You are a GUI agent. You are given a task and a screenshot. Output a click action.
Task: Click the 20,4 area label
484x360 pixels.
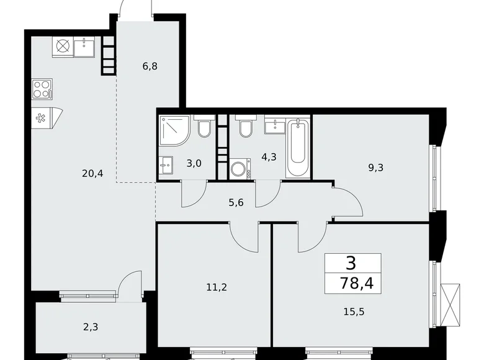click(92, 174)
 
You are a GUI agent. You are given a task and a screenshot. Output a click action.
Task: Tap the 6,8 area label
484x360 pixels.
click(150, 66)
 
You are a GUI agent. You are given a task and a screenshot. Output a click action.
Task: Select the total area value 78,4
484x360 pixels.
click(357, 282)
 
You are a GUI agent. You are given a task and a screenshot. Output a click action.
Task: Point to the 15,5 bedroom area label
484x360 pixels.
click(354, 312)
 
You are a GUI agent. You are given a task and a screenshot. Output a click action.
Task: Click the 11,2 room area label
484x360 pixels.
click(217, 287)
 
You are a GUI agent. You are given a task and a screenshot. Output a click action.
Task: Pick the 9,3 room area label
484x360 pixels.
click(375, 168)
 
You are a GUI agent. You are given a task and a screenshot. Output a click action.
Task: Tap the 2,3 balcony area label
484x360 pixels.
click(91, 326)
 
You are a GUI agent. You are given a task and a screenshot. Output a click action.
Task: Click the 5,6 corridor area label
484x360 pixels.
click(236, 202)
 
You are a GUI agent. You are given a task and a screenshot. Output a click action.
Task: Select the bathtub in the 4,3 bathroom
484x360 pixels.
click(297, 148)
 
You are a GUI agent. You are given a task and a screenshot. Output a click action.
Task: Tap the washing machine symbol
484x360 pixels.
click(240, 169)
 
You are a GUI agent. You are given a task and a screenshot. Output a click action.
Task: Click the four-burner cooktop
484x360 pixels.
click(42, 89)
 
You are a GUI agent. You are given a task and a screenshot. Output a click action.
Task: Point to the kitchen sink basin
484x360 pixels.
click(84, 47)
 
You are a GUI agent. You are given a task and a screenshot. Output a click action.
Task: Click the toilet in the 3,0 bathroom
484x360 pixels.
click(204, 126)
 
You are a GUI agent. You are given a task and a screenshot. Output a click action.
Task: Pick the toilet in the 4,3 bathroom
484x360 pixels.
click(246, 126)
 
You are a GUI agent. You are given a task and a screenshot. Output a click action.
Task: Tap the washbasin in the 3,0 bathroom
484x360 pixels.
click(166, 165)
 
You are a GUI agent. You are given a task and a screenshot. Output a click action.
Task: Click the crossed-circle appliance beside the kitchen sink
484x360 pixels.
click(63, 47)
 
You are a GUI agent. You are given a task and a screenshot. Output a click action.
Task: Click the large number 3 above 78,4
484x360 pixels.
click(351, 263)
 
